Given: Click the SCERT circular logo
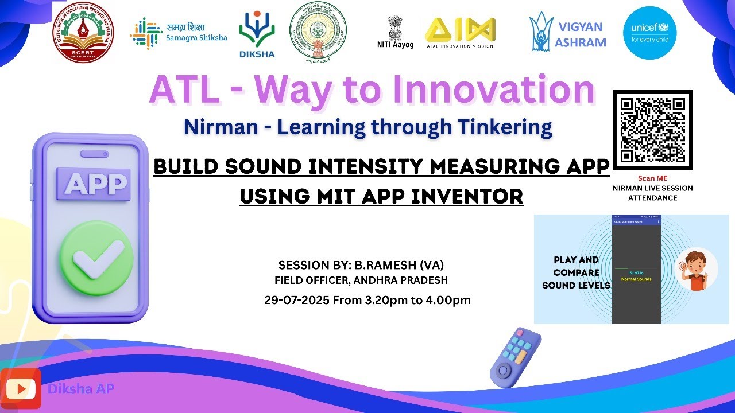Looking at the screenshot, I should point(83,32).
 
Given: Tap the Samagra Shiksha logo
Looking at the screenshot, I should point(179,32).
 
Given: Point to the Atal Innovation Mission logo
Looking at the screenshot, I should point(459,32).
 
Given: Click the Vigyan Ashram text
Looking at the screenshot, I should point(580,34).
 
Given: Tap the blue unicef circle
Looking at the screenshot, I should point(649,33).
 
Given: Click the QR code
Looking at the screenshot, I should point(653,130).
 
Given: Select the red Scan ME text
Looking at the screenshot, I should point(653,178).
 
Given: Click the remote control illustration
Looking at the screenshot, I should point(515,357).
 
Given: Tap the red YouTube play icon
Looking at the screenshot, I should point(21,389).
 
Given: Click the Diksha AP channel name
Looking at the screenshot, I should point(81,389).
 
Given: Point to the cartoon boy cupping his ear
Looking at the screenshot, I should point(695,270).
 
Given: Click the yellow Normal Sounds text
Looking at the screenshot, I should point(636,279).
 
